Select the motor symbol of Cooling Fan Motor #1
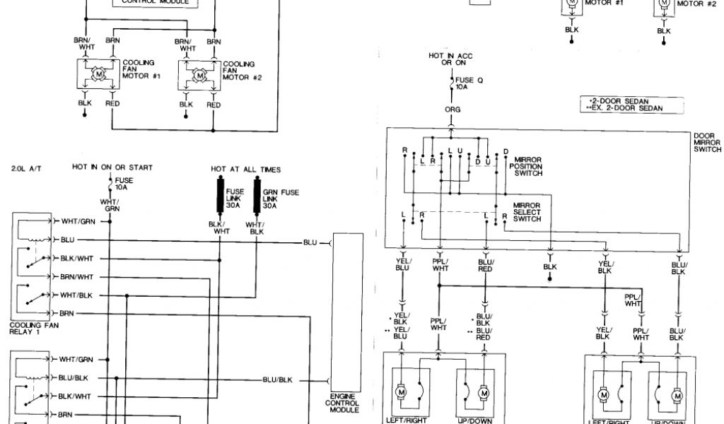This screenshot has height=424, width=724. [x=99, y=73]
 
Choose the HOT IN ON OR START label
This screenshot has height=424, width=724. [x=112, y=167]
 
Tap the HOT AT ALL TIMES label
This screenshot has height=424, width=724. [x=245, y=169]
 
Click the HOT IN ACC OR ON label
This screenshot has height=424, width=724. [x=450, y=59]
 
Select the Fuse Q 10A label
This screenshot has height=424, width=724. [x=469, y=83]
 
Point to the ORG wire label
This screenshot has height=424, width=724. [x=452, y=110]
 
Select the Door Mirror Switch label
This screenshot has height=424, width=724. [x=707, y=142]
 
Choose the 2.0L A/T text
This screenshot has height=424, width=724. [x=28, y=168]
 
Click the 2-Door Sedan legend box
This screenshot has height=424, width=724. [x=621, y=105]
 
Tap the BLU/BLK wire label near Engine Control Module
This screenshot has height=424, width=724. [x=277, y=379]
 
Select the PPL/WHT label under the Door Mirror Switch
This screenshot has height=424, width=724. [x=440, y=264]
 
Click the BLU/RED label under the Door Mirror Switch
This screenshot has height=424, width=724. [x=486, y=264]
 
